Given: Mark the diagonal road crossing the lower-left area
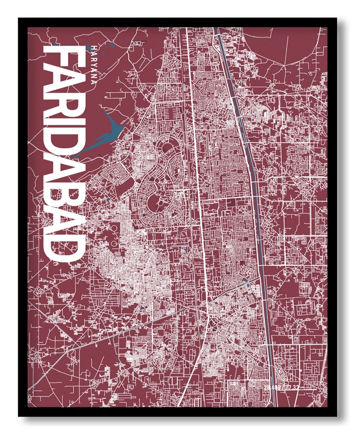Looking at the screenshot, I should pos(144,323).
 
